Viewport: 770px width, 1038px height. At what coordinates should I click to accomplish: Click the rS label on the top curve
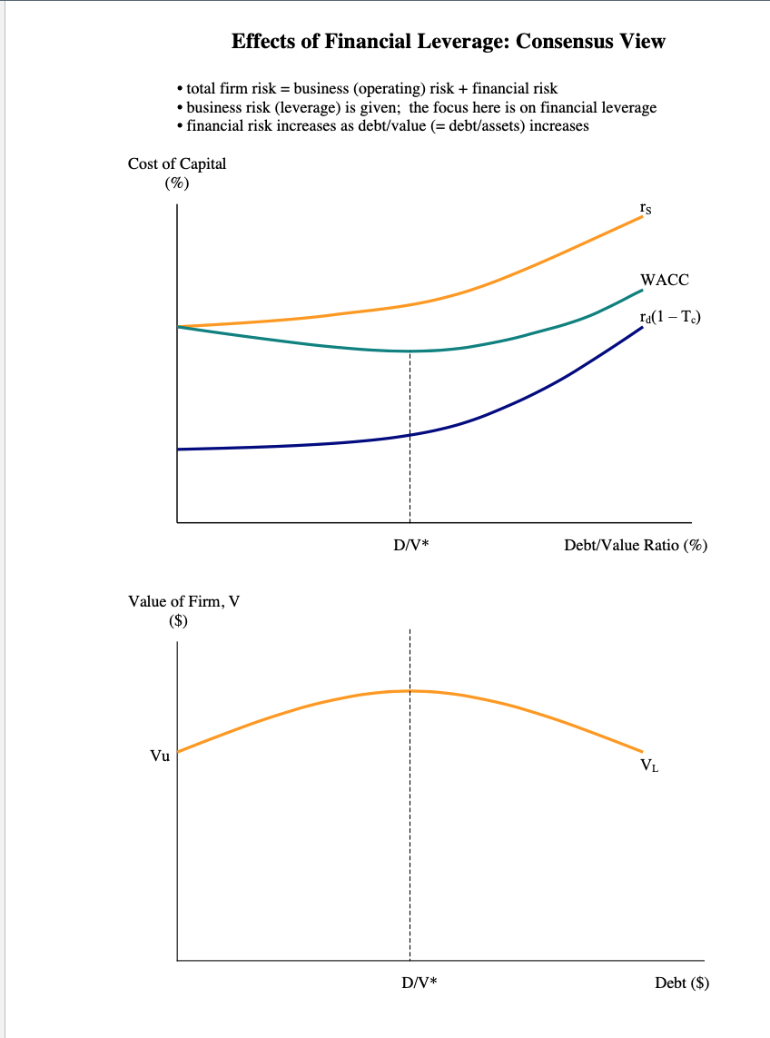(x=644, y=209)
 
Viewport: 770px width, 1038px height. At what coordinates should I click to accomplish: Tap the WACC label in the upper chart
(x=664, y=280)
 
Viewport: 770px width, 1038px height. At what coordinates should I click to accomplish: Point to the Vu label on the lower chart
(x=160, y=756)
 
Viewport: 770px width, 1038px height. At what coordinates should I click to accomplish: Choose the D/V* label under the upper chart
(x=410, y=547)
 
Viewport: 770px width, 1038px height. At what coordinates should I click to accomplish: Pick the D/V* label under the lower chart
(x=419, y=984)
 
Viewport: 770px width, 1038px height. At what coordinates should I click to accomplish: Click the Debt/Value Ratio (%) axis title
(x=636, y=547)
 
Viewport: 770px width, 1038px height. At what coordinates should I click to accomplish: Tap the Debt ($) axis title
(x=681, y=984)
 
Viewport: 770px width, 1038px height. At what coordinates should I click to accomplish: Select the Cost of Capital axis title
(x=177, y=164)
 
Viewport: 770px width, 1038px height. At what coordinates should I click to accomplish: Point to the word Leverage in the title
(x=467, y=41)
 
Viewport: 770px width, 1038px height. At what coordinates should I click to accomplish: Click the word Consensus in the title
(x=568, y=41)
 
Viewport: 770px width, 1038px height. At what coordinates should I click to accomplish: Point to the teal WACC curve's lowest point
(x=410, y=351)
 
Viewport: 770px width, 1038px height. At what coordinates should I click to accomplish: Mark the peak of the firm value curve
(x=410, y=691)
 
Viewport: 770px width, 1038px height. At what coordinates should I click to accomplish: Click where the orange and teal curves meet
(x=178, y=326)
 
